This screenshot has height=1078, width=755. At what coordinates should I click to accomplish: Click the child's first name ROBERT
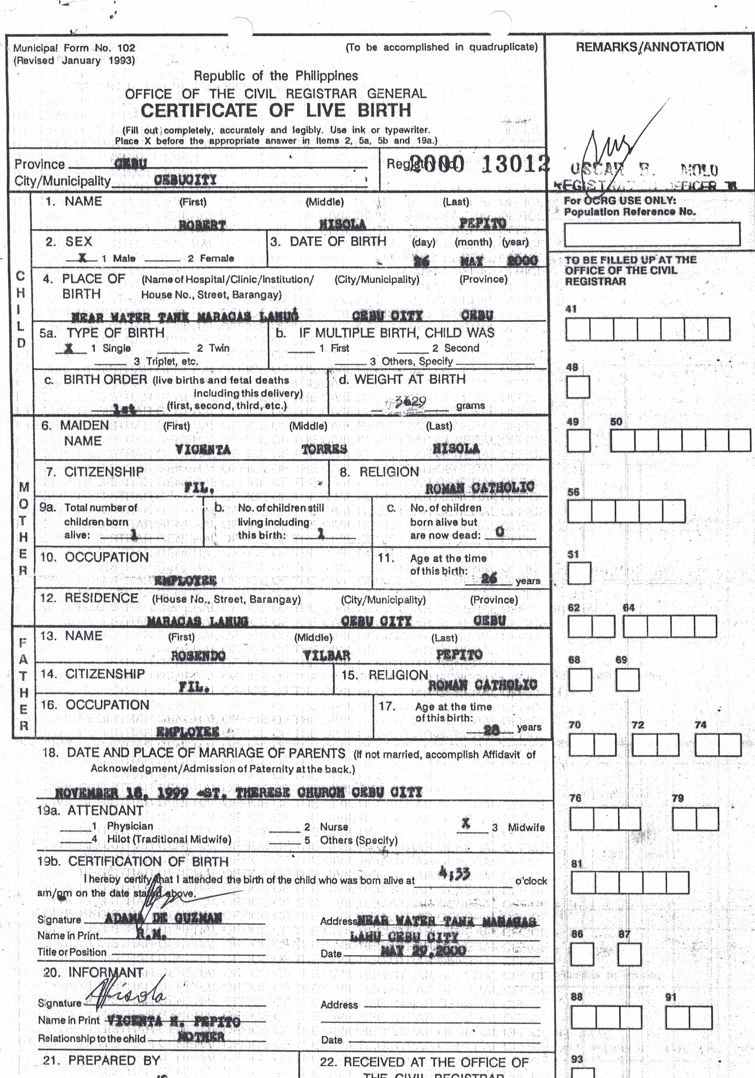tap(202, 225)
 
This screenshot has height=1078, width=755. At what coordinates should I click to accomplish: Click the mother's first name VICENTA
tap(203, 449)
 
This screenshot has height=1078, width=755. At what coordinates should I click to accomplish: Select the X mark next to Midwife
tap(465, 823)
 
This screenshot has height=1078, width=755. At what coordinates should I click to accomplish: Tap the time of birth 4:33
tap(454, 873)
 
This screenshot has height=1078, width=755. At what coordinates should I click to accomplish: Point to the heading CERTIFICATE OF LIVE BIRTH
tap(276, 111)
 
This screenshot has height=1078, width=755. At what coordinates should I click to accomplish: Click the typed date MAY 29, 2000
tap(423, 950)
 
